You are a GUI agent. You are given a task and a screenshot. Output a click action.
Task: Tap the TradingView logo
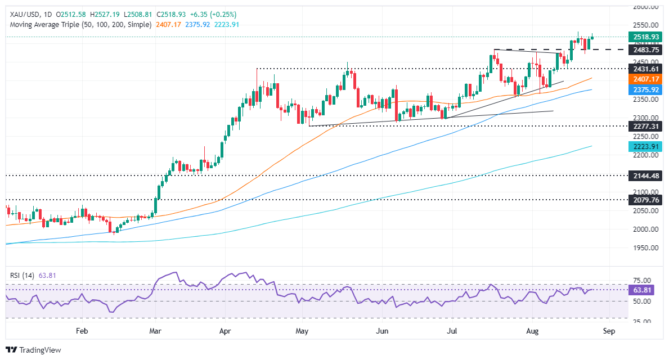pos(34,350)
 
